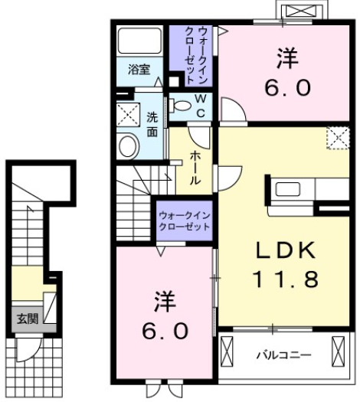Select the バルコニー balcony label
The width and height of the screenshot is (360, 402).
point(283,355)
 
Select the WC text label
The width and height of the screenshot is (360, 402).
point(198,106)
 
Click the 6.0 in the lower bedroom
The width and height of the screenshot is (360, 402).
point(164,331)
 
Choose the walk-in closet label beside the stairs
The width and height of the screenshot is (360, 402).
point(185,221)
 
